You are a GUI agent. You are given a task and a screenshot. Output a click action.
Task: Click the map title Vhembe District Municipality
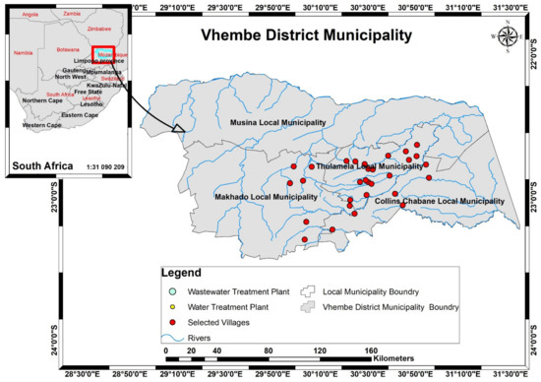(305, 37)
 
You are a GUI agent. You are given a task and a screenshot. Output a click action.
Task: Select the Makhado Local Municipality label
(266, 197)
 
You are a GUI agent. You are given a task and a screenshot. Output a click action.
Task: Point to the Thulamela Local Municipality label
(370, 167)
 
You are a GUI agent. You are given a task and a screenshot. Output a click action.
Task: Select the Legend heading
(182, 273)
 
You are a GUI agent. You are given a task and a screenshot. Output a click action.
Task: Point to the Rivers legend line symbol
(170, 338)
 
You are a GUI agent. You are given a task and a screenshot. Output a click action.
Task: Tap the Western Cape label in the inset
(42, 125)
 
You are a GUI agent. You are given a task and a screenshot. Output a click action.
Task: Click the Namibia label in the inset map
(22, 53)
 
